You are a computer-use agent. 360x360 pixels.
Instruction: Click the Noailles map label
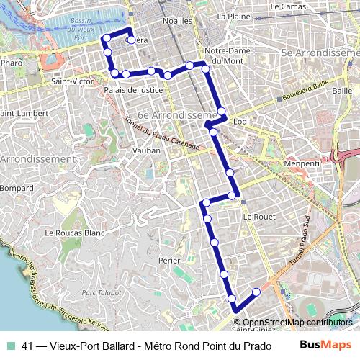pyautogui.click(x=178, y=21)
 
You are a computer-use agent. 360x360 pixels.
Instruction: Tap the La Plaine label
pyautogui.click(x=233, y=15)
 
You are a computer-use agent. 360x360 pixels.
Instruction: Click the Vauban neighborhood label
pyautogui.click(x=146, y=151)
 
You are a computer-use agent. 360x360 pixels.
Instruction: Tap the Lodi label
pyautogui.click(x=241, y=122)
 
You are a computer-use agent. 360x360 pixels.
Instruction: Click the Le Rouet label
pyautogui.click(x=256, y=216)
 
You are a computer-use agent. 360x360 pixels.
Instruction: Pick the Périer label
pyautogui.click(x=169, y=259)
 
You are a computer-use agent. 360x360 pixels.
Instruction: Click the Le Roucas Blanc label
pyautogui.click(x=75, y=233)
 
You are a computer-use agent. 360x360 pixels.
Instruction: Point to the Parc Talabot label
pyautogui.click(x=99, y=292)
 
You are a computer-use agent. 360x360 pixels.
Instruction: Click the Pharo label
pyautogui.click(x=12, y=63)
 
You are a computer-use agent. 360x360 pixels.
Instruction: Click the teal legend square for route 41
pyautogui.click(x=9, y=345)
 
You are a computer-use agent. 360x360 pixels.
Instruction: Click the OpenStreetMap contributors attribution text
pyautogui.click(x=297, y=323)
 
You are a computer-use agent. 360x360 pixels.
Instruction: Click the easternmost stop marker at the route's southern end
pyautogui.click(x=256, y=292)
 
